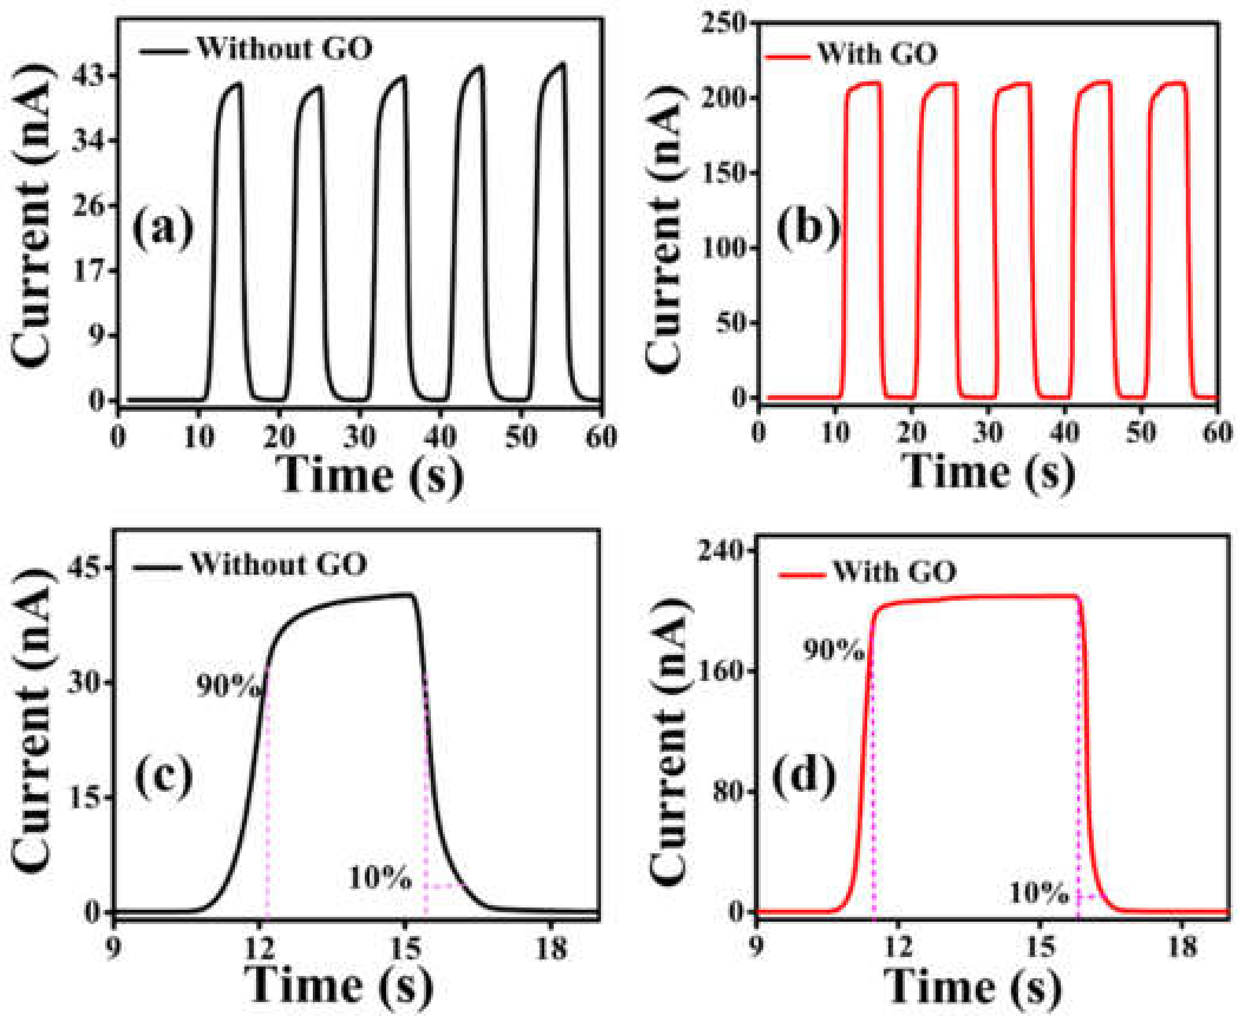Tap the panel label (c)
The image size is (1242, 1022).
pyautogui.click(x=164, y=776)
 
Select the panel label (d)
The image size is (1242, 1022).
pyautogui.click(x=803, y=776)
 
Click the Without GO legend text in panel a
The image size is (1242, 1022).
pyautogui.click(x=284, y=48)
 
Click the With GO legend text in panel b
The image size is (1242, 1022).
pyautogui.click(x=877, y=54)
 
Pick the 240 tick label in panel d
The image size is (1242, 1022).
pyautogui.click(x=721, y=550)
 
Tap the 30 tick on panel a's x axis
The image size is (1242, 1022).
pyautogui.click(x=359, y=438)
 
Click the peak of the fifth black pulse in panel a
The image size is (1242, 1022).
pyautogui.click(x=563, y=64)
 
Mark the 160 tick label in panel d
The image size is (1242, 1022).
pyautogui.click(x=721, y=671)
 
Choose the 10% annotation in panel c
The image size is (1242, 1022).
pyautogui.click(x=380, y=878)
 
